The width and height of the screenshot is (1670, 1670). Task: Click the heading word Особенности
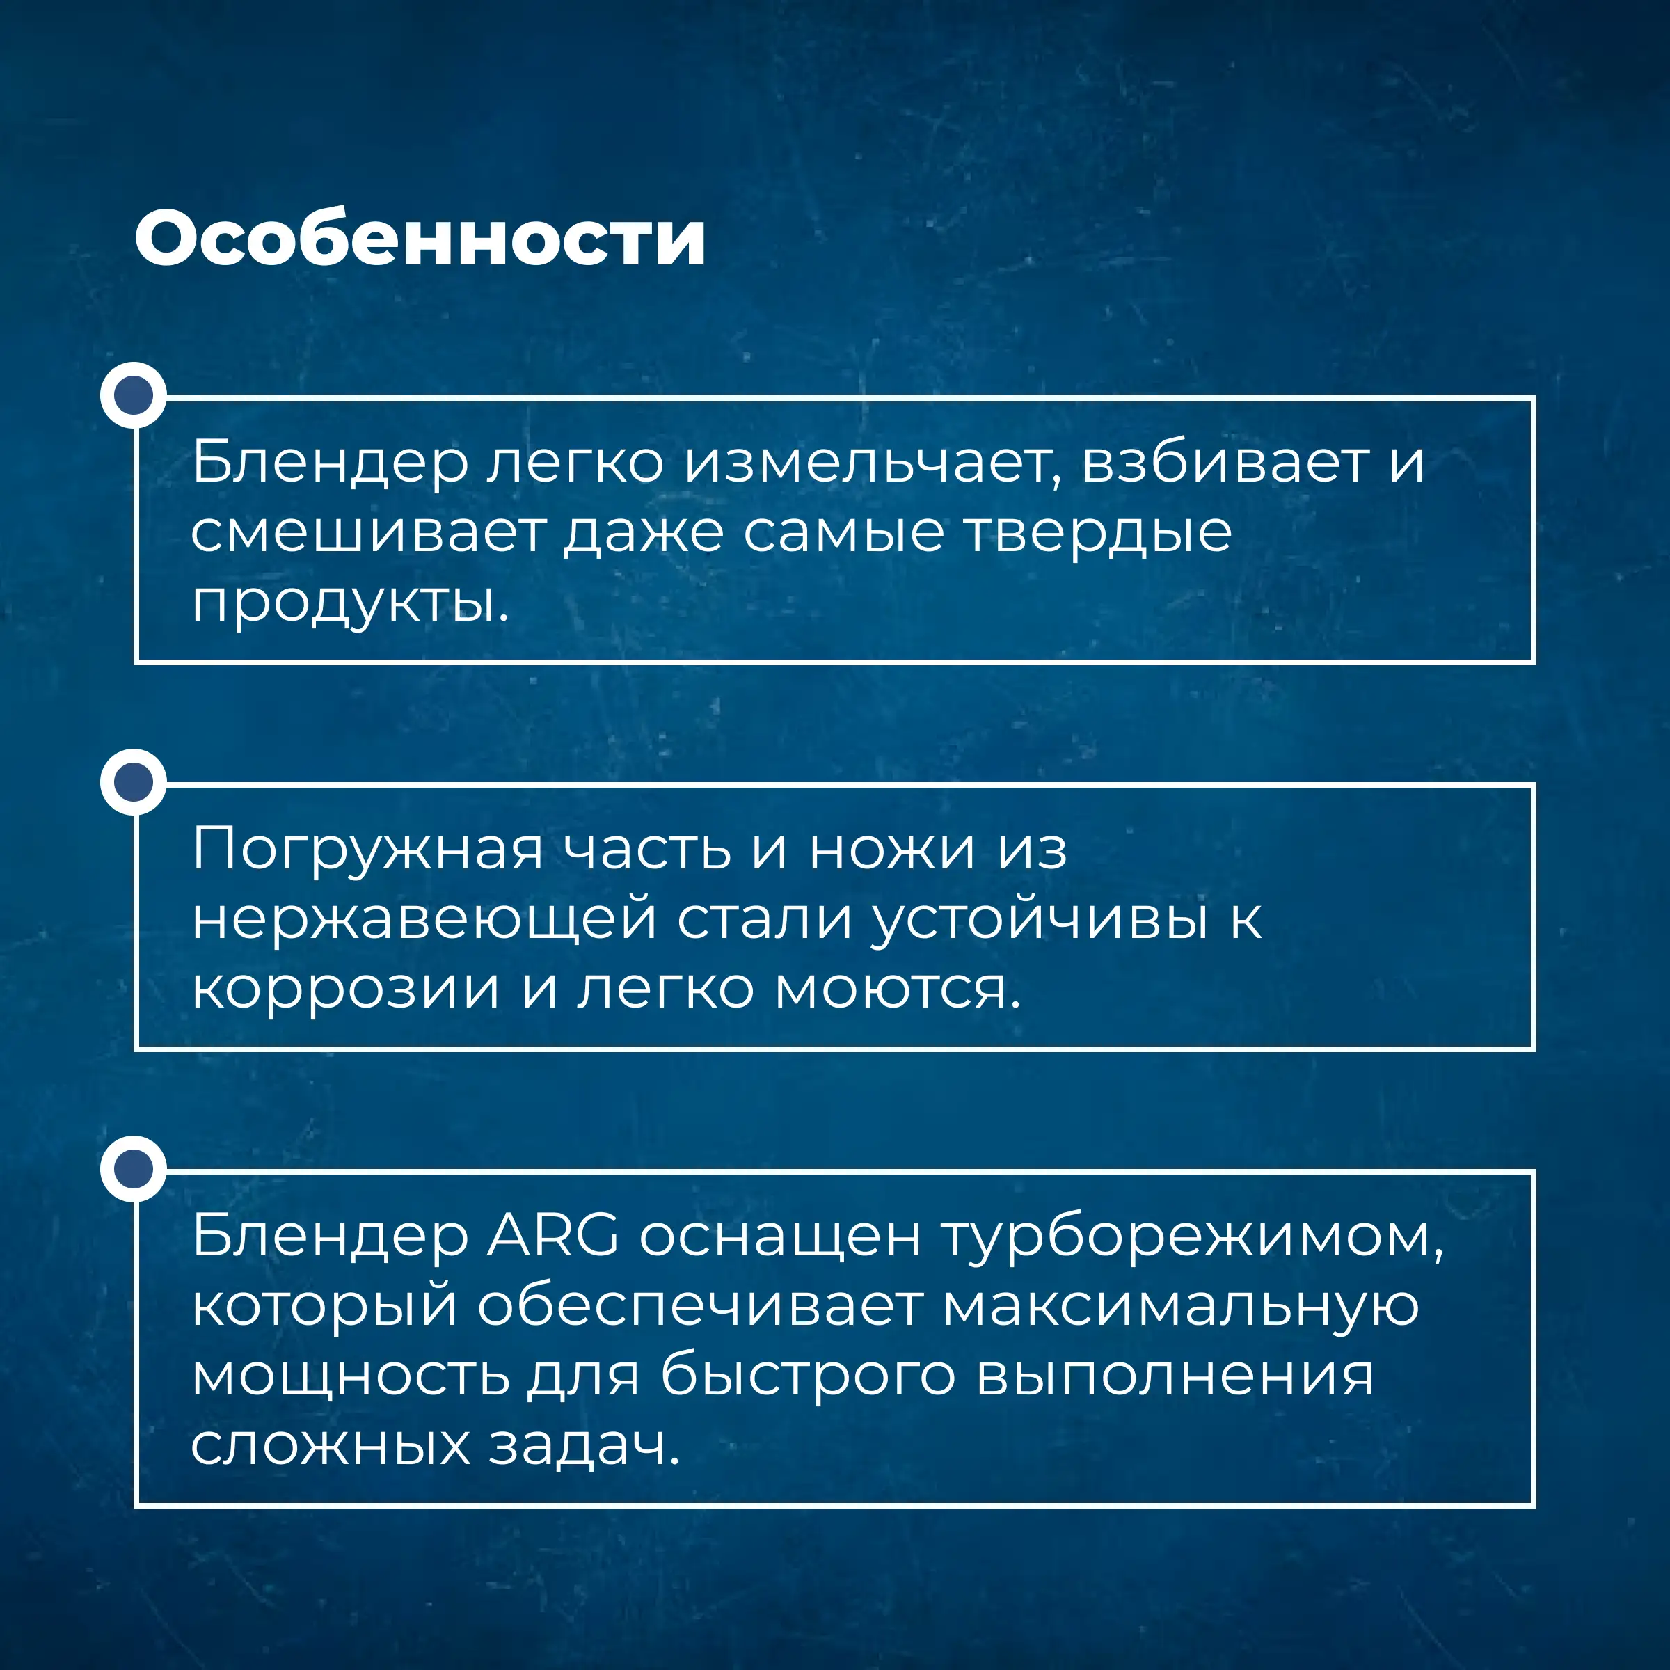(420, 238)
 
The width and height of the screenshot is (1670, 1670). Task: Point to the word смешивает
(368, 532)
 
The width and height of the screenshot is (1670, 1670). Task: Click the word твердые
(1098, 532)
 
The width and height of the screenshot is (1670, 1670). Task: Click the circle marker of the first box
(133, 395)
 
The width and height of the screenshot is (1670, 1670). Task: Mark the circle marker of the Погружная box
(133, 781)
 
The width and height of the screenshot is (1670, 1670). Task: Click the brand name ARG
(553, 1236)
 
